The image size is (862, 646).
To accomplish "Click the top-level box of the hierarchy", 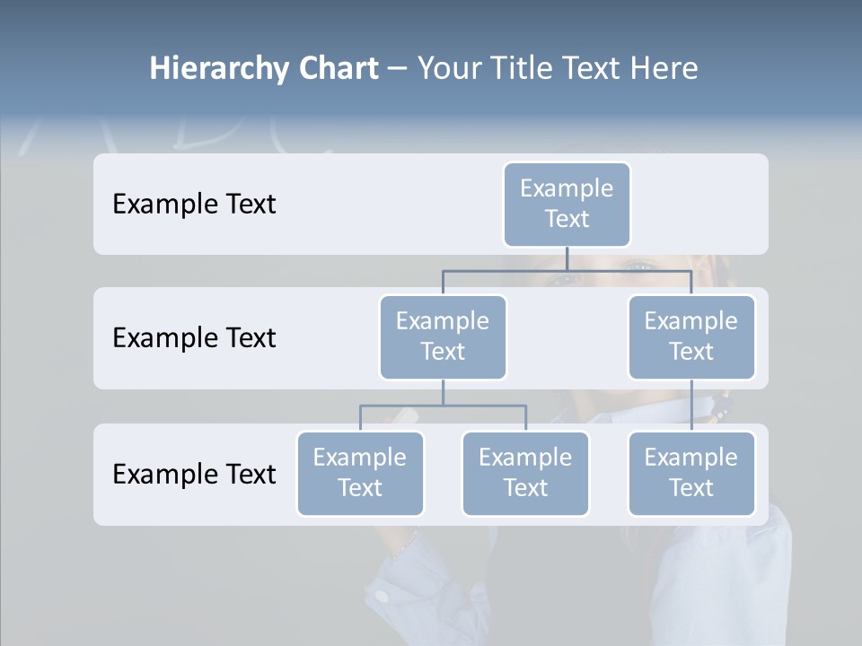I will point(567,205).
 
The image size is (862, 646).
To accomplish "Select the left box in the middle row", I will point(443,337).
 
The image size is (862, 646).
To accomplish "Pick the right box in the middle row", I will point(691,337).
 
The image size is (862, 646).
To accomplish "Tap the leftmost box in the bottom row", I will point(360,474).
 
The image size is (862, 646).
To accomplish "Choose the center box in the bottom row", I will point(525,474).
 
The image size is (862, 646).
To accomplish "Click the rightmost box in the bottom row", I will point(691,474).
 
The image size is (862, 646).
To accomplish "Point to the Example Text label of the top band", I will point(194,205).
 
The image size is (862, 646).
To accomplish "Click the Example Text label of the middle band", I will point(194,338).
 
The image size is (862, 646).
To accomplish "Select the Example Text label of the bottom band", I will point(194,474).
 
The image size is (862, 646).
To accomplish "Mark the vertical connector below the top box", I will point(567,258).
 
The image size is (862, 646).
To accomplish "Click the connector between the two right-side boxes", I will point(691,406).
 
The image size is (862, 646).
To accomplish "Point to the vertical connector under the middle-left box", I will point(443,393).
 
